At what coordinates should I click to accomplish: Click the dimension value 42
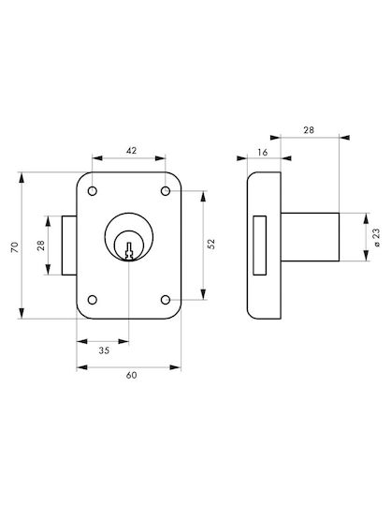click(131, 150)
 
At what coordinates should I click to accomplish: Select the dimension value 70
click(15, 246)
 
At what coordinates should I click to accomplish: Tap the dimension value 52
click(211, 244)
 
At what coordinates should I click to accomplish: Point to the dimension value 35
click(104, 350)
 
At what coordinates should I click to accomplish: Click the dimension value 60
click(131, 375)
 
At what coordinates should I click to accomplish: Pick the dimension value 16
click(263, 152)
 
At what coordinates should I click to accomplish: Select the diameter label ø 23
click(377, 237)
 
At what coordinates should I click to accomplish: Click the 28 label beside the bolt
click(41, 246)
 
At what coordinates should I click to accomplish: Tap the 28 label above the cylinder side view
click(309, 130)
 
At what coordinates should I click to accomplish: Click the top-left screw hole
click(93, 191)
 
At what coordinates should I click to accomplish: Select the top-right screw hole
click(166, 191)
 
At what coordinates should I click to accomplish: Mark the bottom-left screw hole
click(93, 300)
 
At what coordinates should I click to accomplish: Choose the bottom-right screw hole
click(166, 300)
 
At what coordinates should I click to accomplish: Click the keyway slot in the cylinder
click(129, 251)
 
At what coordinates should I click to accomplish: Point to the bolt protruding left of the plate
click(69, 246)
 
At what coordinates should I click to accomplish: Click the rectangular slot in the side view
click(260, 246)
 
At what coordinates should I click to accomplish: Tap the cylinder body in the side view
click(310, 237)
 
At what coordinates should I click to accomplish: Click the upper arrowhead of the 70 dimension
click(22, 177)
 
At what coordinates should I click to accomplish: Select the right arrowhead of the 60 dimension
click(176, 367)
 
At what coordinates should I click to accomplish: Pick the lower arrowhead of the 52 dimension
click(203, 294)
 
